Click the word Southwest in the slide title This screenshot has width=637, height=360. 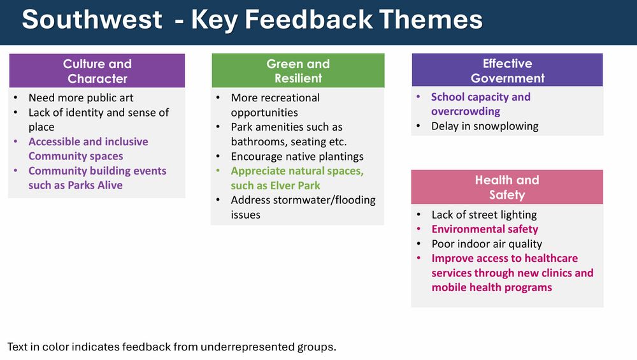click(x=92, y=20)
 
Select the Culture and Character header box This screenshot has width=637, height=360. click(x=97, y=71)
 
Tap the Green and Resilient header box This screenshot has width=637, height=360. click(x=297, y=71)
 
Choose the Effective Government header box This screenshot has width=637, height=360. click(x=507, y=70)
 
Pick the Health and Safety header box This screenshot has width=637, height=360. click(x=507, y=187)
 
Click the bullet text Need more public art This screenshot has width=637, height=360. click(x=81, y=98)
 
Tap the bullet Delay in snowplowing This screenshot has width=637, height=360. click(x=484, y=126)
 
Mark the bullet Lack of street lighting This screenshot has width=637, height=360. click(x=483, y=215)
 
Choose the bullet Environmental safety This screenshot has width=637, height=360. click(x=484, y=229)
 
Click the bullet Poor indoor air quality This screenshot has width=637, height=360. click(x=486, y=244)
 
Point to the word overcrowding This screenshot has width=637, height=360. click(x=466, y=112)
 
